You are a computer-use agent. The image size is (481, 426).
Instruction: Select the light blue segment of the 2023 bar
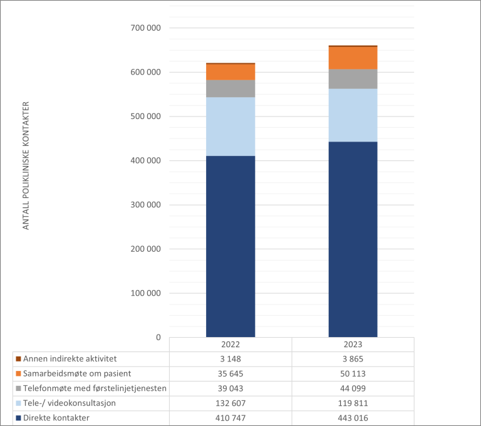353,115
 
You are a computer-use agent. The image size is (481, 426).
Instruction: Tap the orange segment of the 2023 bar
353,58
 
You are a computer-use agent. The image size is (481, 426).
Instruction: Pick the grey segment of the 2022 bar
230,88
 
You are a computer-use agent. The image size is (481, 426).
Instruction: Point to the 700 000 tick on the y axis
143,28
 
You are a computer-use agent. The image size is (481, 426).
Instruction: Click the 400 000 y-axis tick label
143,161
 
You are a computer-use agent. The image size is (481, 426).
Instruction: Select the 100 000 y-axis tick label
143,293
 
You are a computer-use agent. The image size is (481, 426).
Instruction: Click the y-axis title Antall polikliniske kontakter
26,165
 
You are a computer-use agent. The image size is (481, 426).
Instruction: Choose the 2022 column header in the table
230,345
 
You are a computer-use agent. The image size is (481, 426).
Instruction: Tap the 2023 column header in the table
353,345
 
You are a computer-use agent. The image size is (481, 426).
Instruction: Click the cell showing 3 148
230,359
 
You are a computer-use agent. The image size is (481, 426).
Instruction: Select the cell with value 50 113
353,374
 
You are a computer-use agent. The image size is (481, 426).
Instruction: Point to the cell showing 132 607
230,403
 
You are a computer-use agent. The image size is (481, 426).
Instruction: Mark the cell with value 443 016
353,417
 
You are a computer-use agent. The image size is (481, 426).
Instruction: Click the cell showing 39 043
230,388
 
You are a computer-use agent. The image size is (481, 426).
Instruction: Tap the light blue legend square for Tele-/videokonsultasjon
19,403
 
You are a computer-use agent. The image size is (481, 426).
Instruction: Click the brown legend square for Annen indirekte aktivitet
19,360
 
